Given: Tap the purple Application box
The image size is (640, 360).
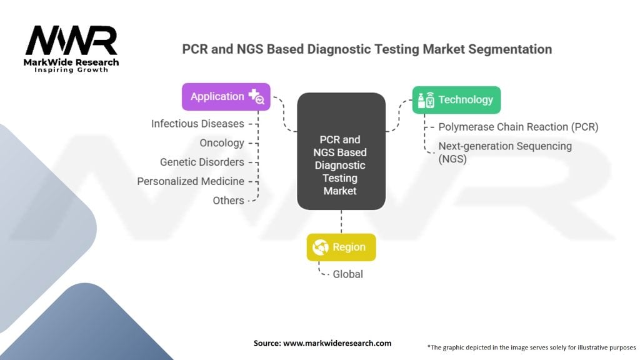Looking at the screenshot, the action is pyautogui.click(x=226, y=97).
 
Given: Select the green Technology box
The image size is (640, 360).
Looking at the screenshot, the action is pyautogui.click(x=456, y=100).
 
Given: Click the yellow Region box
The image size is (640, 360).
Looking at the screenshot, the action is pyautogui.click(x=341, y=247).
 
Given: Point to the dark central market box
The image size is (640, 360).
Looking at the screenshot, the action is pyautogui.click(x=341, y=151).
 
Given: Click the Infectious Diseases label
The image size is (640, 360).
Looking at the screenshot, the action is pyautogui.click(x=197, y=124).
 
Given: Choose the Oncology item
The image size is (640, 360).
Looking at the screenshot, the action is pyautogui.click(x=222, y=143).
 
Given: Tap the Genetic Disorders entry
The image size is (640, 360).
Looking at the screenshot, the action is pyautogui.click(x=202, y=162).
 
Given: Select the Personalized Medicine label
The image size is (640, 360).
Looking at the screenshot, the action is pyautogui.click(x=191, y=181).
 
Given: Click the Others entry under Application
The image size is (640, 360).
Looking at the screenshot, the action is pyautogui.click(x=228, y=201).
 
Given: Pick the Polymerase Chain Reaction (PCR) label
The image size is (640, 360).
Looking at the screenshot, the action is pyautogui.click(x=518, y=127).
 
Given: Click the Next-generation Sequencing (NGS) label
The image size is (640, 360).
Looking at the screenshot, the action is pyautogui.click(x=505, y=152).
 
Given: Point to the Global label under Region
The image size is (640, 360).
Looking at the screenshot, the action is pyautogui.click(x=347, y=274).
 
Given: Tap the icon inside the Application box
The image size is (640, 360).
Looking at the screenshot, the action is pyautogui.click(x=256, y=97).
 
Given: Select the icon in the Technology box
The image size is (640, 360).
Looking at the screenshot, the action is pyautogui.click(x=426, y=100).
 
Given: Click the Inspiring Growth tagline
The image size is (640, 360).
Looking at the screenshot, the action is pyautogui.click(x=71, y=69).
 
